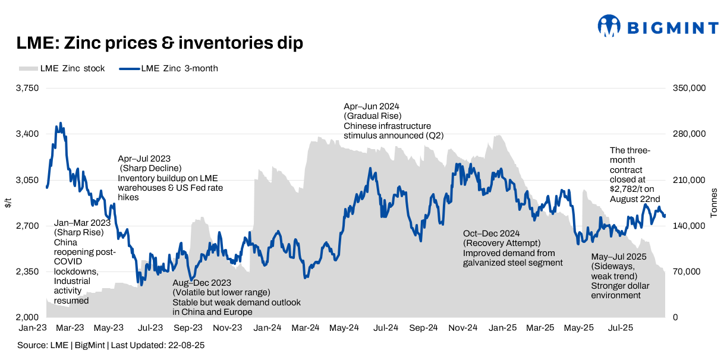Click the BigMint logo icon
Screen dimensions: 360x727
click(x=609, y=26)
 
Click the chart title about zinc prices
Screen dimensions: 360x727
click(x=160, y=43)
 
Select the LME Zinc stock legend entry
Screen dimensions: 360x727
click(x=62, y=68)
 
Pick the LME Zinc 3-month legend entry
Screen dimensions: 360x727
click(x=169, y=68)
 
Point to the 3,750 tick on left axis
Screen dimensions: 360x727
click(x=26, y=88)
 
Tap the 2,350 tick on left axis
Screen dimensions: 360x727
click(x=26, y=271)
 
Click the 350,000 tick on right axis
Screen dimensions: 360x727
click(x=688, y=88)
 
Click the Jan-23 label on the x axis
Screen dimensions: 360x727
click(x=32, y=327)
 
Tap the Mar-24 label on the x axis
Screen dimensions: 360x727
click(x=307, y=327)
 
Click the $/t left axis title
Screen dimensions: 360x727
click(x=8, y=203)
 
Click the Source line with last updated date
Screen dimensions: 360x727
click(x=111, y=345)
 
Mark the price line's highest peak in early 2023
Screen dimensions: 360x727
click(x=60, y=124)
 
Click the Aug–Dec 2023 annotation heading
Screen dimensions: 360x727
click(x=202, y=283)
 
